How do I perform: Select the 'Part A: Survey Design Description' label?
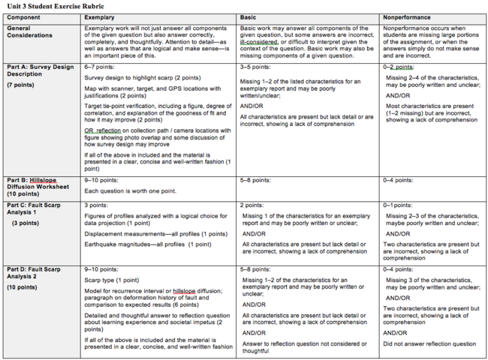38,70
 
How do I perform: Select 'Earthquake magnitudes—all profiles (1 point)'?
148,244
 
